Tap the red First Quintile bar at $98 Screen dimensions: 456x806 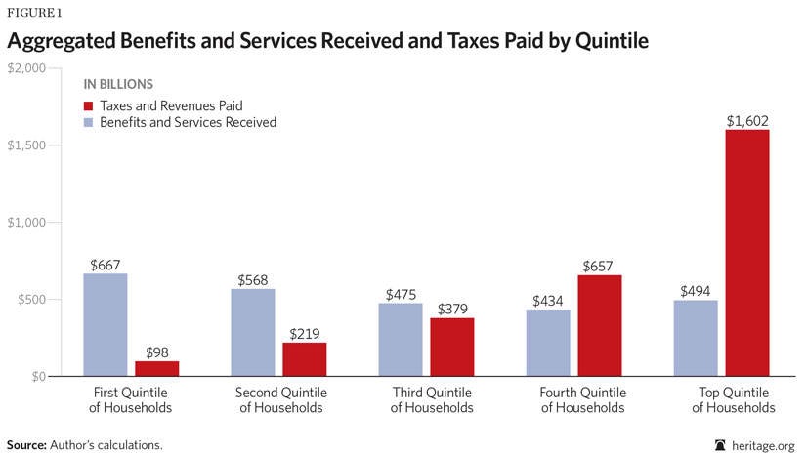coord(156,368)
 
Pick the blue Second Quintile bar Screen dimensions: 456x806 coord(253,332)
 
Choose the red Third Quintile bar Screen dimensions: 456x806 coord(451,347)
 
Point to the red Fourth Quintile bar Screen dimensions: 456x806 coord(599,325)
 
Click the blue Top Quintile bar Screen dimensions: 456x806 coord(696,338)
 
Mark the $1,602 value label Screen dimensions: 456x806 coord(746,121)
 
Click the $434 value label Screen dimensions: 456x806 coord(548,301)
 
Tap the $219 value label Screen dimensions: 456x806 coord(304,334)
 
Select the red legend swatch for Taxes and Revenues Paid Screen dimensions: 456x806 coord(89,104)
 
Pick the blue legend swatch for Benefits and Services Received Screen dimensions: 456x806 coord(89,122)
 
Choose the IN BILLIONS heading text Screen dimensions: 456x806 coord(117,84)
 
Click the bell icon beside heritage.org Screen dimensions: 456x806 coord(721,444)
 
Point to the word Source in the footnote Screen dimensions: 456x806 coord(25,444)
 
